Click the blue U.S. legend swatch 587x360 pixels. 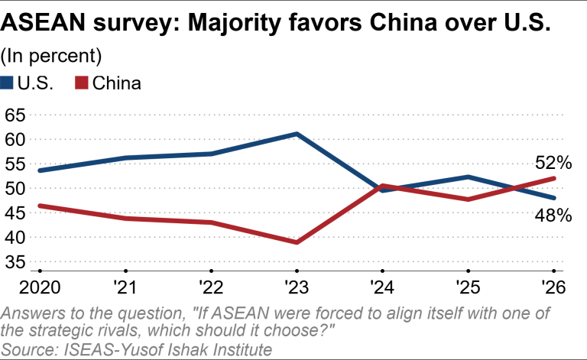8,83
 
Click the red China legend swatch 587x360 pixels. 81,83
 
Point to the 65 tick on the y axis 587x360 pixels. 15,115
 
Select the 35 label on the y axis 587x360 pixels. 15,262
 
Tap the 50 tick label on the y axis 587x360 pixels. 15,189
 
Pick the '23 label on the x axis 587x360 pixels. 296,290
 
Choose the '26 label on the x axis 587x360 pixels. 553,290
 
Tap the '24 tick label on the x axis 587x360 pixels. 382,290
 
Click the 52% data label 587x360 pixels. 553,163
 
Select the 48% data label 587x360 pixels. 553,216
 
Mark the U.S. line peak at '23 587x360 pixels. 297,134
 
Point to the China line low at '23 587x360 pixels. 297,242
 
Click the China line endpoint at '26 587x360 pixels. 554,178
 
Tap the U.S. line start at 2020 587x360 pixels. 39,170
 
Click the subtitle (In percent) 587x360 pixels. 52,56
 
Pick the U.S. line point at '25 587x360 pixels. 468,177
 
